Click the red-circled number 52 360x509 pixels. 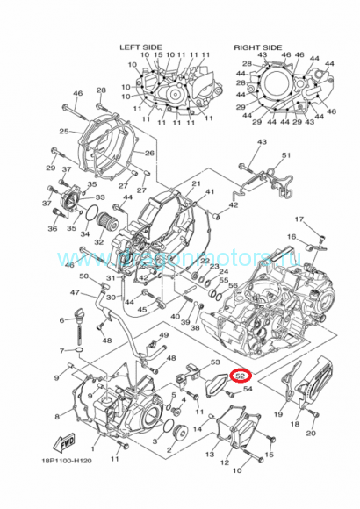point(240,377)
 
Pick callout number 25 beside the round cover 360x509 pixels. point(63,132)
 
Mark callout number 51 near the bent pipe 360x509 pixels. point(285,155)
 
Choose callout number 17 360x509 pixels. point(299,219)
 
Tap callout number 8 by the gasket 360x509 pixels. point(58,417)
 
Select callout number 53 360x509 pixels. point(215,362)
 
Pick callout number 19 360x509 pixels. point(278,414)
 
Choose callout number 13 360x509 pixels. point(210,455)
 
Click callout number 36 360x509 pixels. point(52,229)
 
